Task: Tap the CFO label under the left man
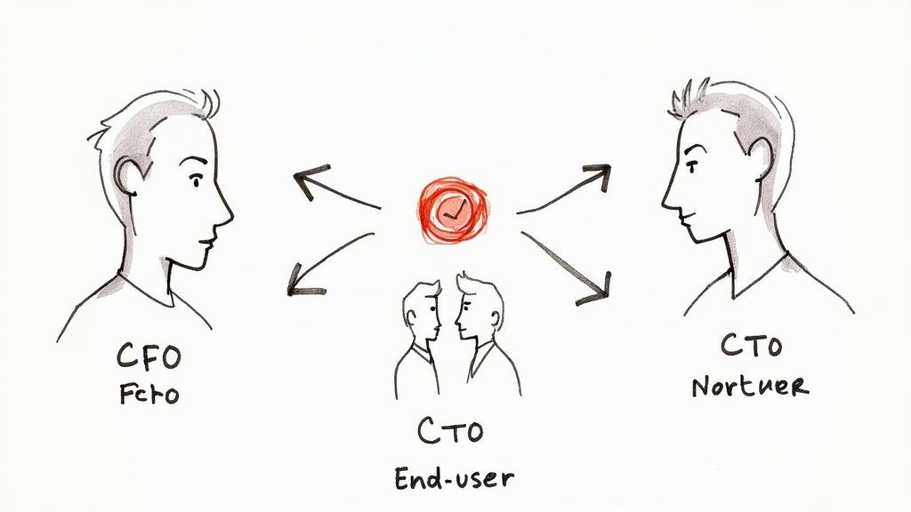tap(149, 357)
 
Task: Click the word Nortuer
tap(762, 387)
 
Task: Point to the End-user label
tap(454, 477)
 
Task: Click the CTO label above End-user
tap(450, 432)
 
